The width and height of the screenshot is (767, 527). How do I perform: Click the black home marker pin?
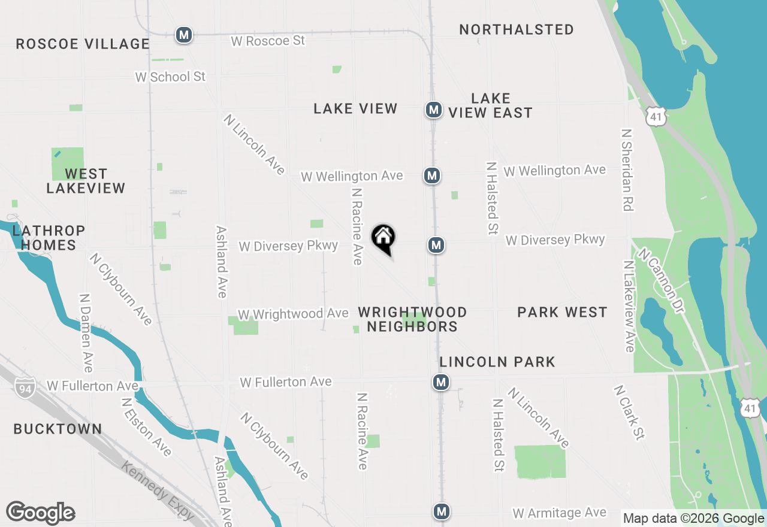[x=383, y=238]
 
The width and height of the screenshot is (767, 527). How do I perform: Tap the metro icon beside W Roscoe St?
[x=184, y=35]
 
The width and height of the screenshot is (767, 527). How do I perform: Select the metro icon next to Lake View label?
[x=434, y=110]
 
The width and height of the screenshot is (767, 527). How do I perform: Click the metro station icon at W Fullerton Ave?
[x=441, y=382]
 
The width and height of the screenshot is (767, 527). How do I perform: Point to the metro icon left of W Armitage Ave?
[x=442, y=511]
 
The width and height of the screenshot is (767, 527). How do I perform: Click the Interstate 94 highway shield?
[x=26, y=386]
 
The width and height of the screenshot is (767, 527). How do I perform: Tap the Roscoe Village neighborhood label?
[x=83, y=44]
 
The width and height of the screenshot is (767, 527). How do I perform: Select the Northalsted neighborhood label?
[x=517, y=29]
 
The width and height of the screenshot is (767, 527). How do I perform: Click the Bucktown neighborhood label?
[x=58, y=429]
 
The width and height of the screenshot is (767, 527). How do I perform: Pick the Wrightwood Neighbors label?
[x=412, y=319]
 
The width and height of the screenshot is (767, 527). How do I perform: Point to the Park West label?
[x=562, y=312]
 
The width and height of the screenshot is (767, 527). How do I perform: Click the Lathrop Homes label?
[x=49, y=238]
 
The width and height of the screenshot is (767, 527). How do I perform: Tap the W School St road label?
[x=170, y=77]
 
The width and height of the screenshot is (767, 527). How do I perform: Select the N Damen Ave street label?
[x=86, y=332]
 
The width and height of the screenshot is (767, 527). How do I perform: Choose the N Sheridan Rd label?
[x=627, y=169]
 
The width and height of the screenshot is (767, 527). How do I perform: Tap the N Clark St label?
[x=629, y=412]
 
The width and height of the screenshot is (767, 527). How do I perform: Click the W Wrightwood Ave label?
[x=293, y=314]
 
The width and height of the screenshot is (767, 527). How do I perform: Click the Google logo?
[x=41, y=513]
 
